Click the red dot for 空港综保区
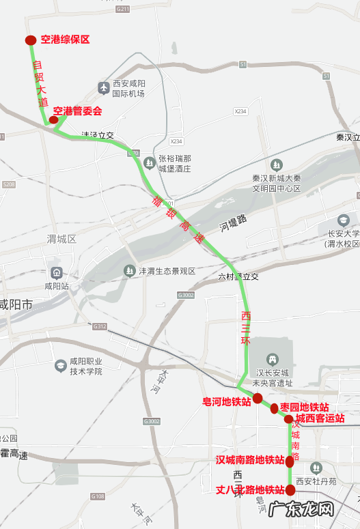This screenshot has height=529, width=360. pyautogui.click(x=31, y=40)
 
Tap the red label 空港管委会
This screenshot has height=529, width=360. pyautogui.click(x=78, y=111)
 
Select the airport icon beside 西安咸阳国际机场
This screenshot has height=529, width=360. pyautogui.click(x=104, y=88)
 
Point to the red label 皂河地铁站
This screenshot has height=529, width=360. pyautogui.click(x=227, y=401)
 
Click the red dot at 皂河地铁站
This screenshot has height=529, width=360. pyautogui.click(x=258, y=398)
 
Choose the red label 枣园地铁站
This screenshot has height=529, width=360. pyautogui.click(x=305, y=407)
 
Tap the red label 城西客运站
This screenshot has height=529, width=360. pyautogui.click(x=320, y=418)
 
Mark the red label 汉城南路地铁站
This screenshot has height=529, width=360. pyautogui.click(x=250, y=460)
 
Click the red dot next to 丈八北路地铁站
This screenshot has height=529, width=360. pyautogui.click(x=290, y=489)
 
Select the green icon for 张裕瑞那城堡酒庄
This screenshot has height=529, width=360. pyautogui.click(x=150, y=162)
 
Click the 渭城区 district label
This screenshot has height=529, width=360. pyautogui.click(x=61, y=239)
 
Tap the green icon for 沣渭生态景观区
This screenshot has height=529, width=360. pyautogui.click(x=129, y=271)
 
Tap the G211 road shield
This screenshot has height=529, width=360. pyautogui.click(x=123, y=9)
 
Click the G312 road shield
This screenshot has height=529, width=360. pyautogui.click(x=100, y=326)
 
